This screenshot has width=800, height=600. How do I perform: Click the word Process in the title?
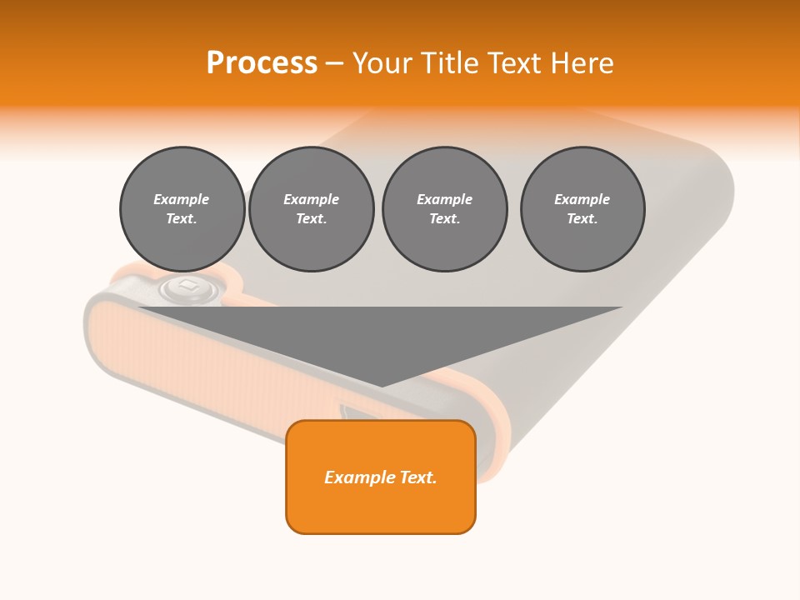click(x=262, y=63)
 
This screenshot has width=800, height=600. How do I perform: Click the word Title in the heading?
click(x=451, y=63)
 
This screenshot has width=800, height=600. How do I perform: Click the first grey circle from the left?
click(x=182, y=209)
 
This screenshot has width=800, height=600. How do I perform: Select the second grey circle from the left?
click(x=311, y=209)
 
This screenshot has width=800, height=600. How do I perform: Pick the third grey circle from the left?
click(x=444, y=209)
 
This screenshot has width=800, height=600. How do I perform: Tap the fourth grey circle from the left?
click(x=582, y=209)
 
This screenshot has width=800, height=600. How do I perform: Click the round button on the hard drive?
click(x=187, y=288)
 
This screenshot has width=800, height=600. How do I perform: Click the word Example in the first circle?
click(x=182, y=199)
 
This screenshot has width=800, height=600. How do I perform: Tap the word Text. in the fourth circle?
click(x=582, y=219)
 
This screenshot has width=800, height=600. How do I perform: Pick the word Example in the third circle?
click(x=444, y=199)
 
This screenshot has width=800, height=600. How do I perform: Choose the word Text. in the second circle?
click(x=311, y=219)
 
